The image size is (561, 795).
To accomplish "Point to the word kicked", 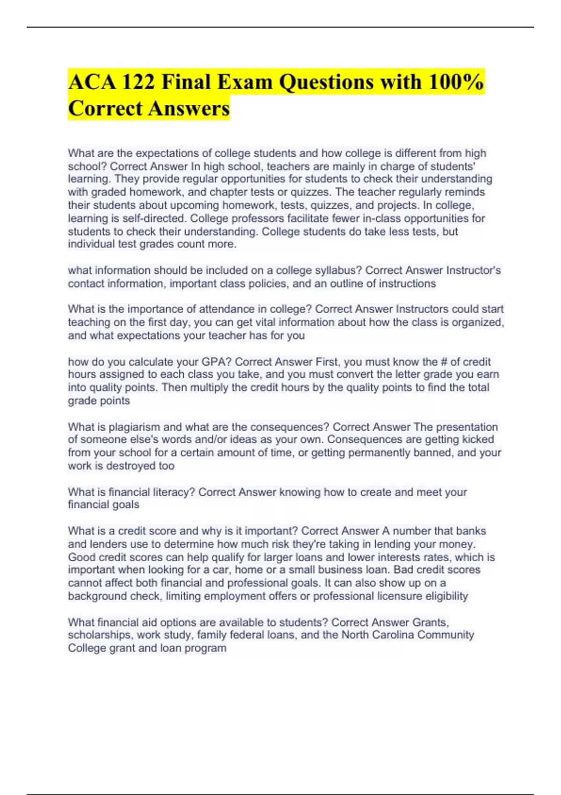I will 478,440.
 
